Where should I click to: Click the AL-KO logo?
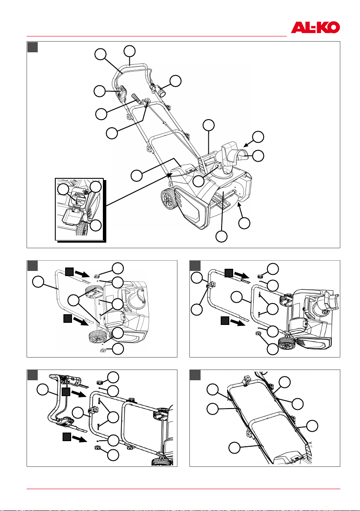click(315, 27)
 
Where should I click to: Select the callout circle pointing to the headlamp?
click(176, 81)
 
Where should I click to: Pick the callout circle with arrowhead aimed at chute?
click(258, 137)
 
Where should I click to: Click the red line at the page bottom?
click(183, 489)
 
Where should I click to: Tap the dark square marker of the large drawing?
click(33, 47)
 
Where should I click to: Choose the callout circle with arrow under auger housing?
click(244, 223)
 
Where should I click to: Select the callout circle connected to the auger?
click(222, 237)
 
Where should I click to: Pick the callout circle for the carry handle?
click(209, 125)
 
